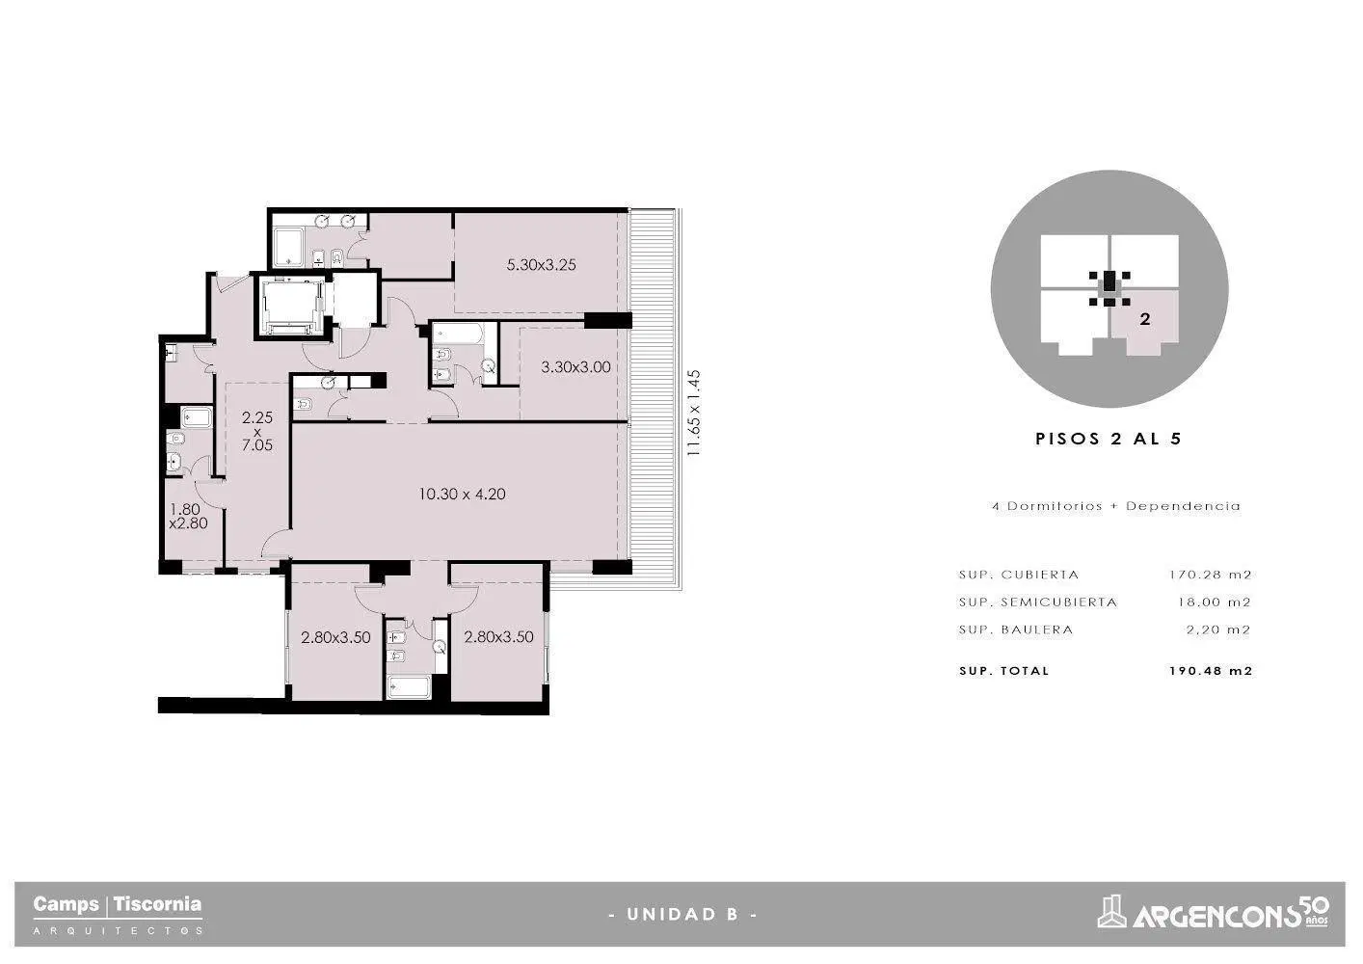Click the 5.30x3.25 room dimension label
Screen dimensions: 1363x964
click(x=541, y=265)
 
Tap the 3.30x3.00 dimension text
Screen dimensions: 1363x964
click(x=575, y=367)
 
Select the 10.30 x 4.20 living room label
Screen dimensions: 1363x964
click(x=462, y=494)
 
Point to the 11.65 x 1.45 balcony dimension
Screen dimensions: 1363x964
click(x=694, y=413)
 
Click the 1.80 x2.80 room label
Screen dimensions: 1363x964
click(x=189, y=516)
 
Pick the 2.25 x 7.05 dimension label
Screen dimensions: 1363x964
click(x=256, y=431)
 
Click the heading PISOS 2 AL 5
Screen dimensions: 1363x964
click(x=1109, y=439)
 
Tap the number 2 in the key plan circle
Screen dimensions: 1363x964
click(x=1145, y=319)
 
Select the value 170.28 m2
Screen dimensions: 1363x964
click(x=1210, y=575)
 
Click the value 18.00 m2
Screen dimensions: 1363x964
click(x=1214, y=602)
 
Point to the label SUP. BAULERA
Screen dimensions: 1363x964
click(x=1016, y=629)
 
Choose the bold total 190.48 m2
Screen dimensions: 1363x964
click(x=1211, y=671)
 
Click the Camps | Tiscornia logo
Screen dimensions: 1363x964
click(x=118, y=914)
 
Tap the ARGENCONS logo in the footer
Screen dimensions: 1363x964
click(x=1214, y=912)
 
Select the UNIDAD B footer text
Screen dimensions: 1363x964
click(x=682, y=914)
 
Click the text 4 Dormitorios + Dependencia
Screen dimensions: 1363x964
click(x=1116, y=506)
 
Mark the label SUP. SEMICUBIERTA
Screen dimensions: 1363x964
click(x=1038, y=602)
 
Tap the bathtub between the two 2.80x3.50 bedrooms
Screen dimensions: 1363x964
click(x=410, y=686)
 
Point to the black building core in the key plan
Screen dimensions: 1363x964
click(x=1109, y=283)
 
